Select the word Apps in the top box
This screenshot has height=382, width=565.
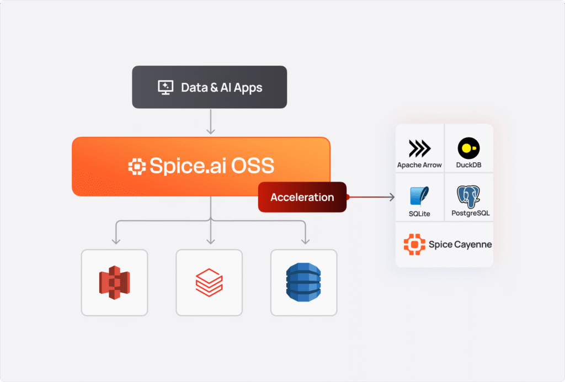point(248,87)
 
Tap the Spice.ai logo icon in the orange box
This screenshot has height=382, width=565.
point(137,166)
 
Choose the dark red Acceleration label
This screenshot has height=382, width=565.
point(302,197)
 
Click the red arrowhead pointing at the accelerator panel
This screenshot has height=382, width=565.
point(391,197)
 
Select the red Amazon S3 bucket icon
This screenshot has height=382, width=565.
point(114,283)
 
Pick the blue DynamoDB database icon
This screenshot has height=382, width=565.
point(303,283)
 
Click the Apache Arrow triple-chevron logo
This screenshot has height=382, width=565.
point(419,148)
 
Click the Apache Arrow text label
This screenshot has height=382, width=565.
point(419,165)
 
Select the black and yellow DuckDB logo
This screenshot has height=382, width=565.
point(468,148)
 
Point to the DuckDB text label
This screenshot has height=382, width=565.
point(468,165)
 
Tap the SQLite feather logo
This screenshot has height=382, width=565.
point(419,197)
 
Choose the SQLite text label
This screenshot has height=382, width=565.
point(419,213)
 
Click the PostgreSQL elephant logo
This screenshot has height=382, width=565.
point(468,197)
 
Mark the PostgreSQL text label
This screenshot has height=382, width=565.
point(468,213)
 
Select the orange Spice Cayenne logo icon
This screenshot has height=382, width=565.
point(414,244)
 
